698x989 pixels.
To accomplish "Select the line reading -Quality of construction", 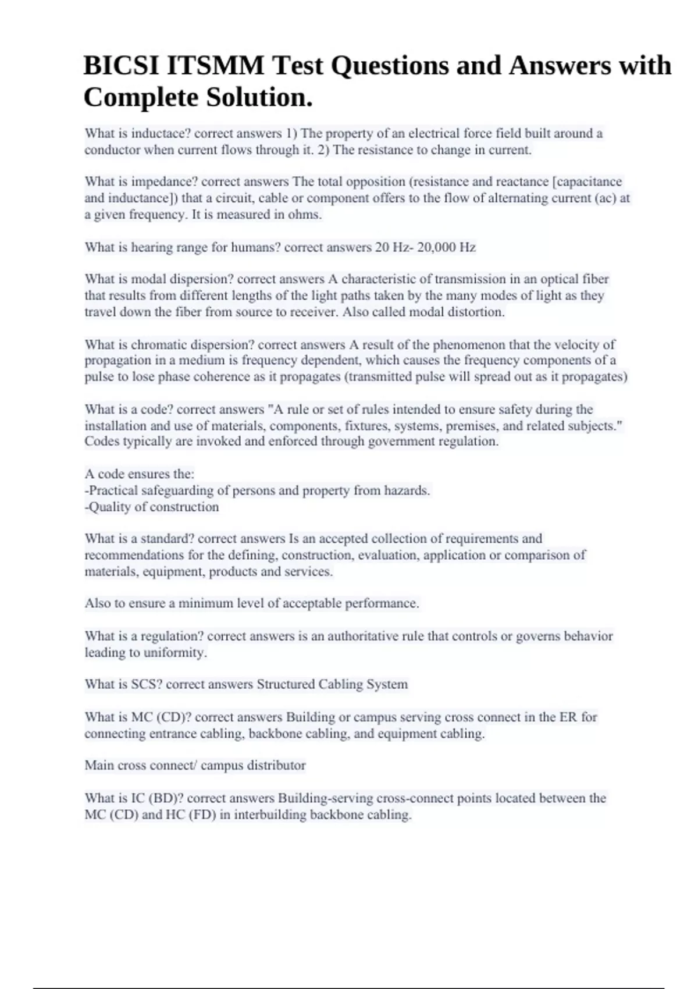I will [152, 507].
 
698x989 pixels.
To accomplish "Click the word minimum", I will [202, 603].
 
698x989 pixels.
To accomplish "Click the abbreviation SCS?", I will [147, 684].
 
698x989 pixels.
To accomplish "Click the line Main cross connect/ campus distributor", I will [195, 765].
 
